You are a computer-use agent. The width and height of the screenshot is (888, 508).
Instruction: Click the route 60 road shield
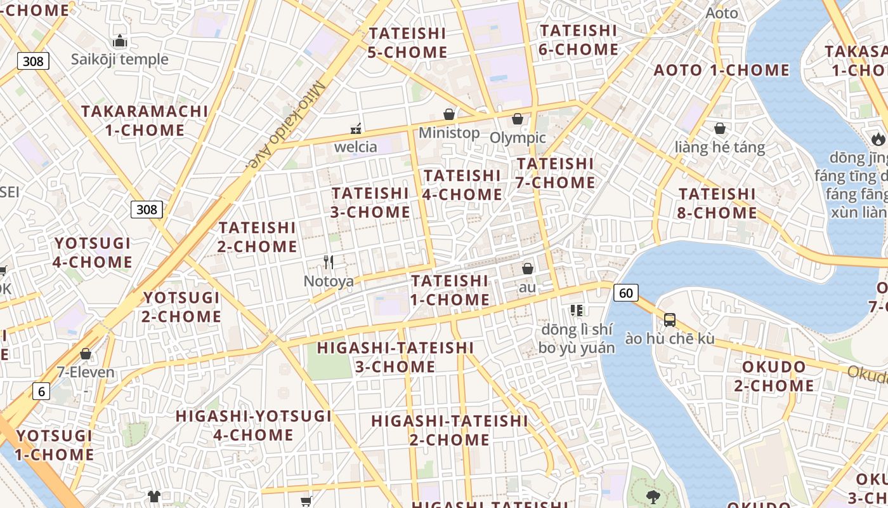[x=625, y=293]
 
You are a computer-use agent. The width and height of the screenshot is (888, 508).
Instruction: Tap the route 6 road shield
[x=41, y=391]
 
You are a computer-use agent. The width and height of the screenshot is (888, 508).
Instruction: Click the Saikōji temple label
[x=120, y=60]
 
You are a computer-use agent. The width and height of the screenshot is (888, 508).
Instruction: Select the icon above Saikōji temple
[x=120, y=42]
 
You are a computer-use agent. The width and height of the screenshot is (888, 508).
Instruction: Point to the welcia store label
[x=356, y=147]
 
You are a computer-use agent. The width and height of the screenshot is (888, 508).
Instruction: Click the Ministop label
[x=449, y=133]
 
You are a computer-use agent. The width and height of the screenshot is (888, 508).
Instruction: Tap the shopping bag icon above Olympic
[x=518, y=119]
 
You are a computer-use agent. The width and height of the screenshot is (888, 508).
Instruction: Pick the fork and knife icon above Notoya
[x=329, y=262]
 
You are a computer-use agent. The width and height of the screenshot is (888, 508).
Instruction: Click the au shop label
[x=527, y=287]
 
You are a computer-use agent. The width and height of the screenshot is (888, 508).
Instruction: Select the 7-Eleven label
[x=86, y=372]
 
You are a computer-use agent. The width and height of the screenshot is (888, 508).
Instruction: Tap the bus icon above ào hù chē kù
[x=670, y=320]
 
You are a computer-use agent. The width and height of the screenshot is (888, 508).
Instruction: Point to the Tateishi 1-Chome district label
[x=450, y=290]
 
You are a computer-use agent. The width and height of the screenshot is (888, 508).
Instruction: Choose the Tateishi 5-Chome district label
[x=407, y=43]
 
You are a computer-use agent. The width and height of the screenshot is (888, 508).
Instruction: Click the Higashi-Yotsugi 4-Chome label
[x=254, y=425]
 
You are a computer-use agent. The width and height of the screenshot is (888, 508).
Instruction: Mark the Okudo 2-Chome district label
[x=774, y=376]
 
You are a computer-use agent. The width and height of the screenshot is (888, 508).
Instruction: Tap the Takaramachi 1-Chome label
[x=145, y=121]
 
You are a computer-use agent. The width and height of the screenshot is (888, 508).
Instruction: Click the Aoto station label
[x=722, y=13]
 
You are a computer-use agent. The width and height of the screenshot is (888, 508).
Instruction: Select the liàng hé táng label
[x=720, y=148]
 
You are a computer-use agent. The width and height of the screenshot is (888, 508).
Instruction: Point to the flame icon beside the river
[x=878, y=138]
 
